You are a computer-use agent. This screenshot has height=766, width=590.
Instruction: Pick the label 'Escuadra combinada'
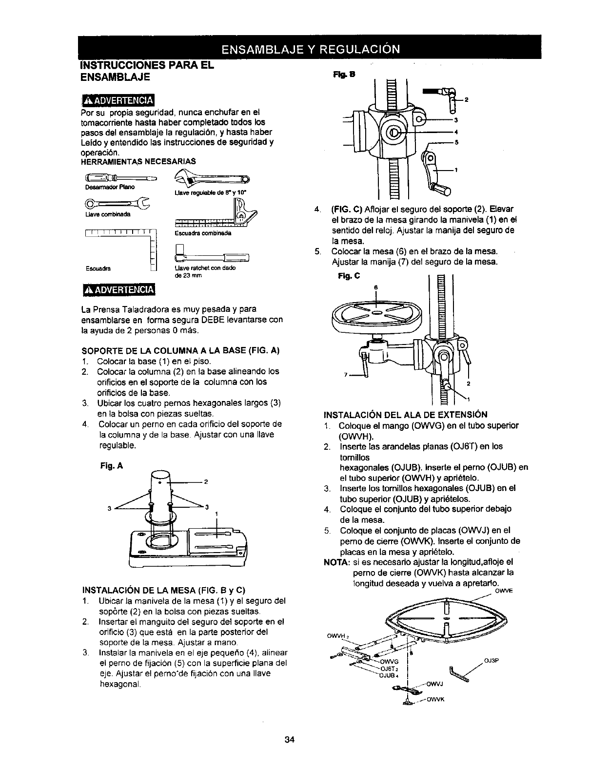pos(202,233)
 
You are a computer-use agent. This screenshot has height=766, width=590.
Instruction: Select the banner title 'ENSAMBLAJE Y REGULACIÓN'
pos(311,49)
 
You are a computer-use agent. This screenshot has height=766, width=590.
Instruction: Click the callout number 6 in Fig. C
pos(375,287)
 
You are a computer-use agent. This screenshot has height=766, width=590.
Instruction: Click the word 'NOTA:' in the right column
pos(336,562)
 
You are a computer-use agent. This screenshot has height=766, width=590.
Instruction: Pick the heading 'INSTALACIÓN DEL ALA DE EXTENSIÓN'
pos(405,415)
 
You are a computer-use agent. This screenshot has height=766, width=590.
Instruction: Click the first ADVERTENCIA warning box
pos(117,100)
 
